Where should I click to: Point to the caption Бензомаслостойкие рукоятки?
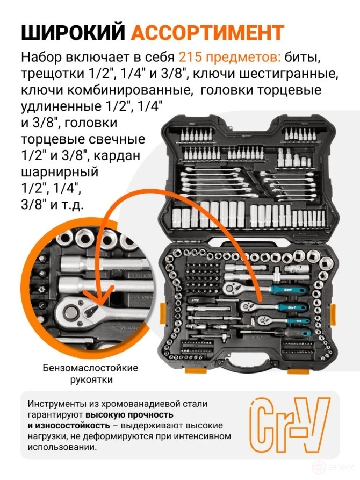click(x=91, y=374)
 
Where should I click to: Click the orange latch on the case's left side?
click(x=164, y=312)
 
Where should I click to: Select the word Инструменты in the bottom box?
click(x=57, y=404)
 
